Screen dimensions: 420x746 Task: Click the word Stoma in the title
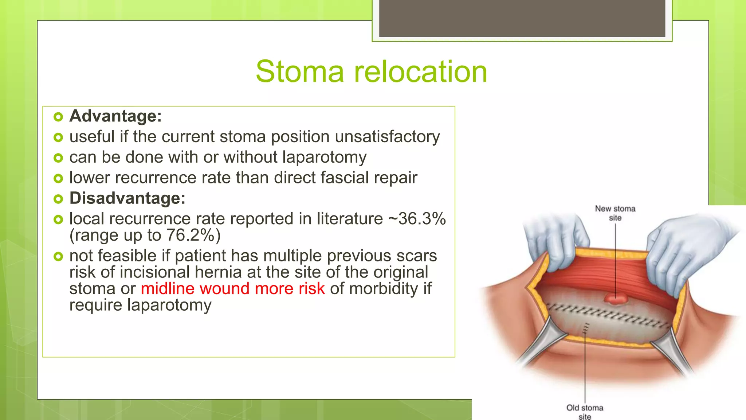[299, 72]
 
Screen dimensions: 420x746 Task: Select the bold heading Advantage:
[115, 116]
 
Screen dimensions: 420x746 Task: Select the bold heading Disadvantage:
[127, 198]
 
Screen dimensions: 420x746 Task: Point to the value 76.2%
[190, 236]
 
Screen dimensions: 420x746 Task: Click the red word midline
[168, 289]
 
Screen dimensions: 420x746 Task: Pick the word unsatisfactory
[387, 137]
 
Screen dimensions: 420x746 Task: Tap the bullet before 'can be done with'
[58, 158]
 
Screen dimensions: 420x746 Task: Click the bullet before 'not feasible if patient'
[58, 256]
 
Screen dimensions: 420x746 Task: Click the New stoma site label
[615, 213]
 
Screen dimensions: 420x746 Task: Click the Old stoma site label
[585, 412]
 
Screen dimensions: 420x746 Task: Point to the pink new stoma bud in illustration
[616, 299]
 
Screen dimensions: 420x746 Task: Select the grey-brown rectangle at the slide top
[522, 18]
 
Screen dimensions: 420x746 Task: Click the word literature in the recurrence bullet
[350, 219]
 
